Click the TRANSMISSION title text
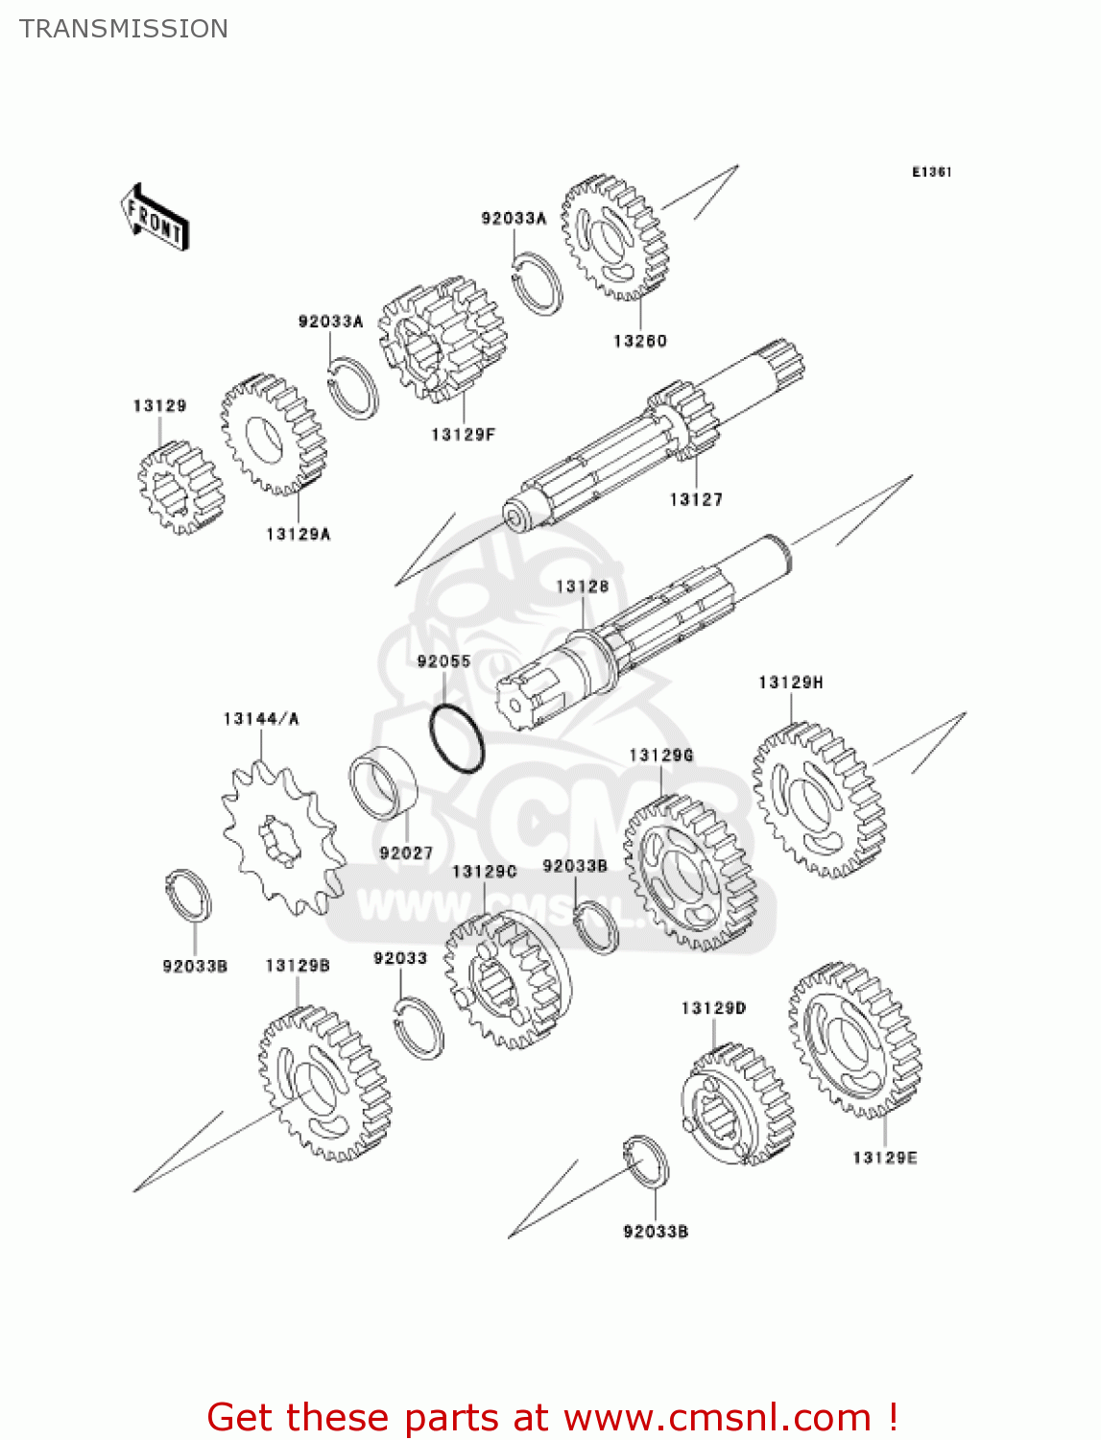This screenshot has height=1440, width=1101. coord(124,29)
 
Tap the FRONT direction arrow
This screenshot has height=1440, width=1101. coord(155,218)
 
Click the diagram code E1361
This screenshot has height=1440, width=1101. coord(931,172)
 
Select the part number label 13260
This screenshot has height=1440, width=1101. coord(639,341)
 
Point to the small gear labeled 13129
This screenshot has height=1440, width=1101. coord(179,487)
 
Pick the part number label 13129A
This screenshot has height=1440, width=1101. coord(298,534)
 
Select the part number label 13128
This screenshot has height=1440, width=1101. coord(582,586)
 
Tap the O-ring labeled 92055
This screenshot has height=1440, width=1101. coord(457,738)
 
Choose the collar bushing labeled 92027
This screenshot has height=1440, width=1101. coord(384,783)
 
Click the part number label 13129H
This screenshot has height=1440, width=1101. coord(790,683)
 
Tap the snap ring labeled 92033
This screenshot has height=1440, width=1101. coord(419,1027)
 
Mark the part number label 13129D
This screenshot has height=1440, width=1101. coord(713,1008)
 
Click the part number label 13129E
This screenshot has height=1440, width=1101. coord(884,1158)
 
